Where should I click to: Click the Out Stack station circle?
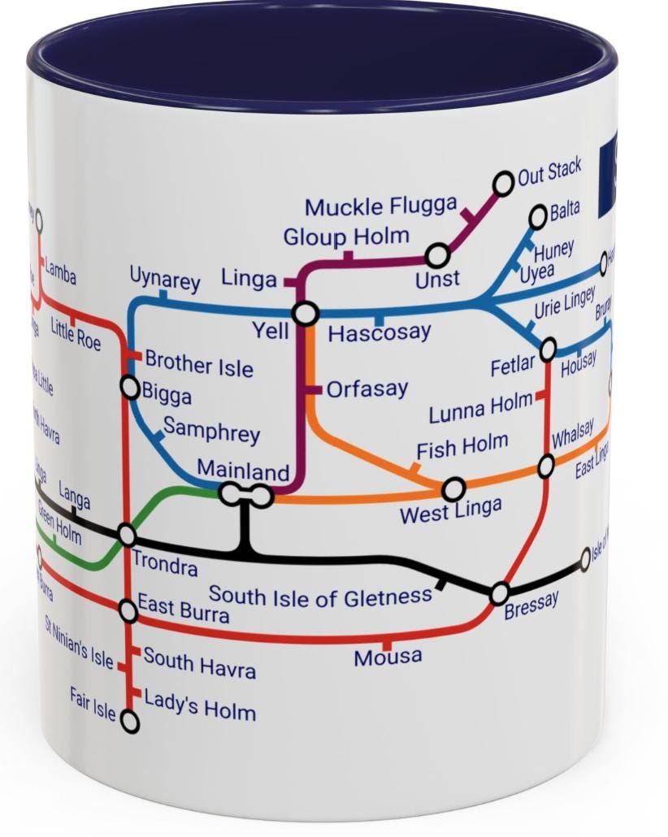coord(504,184)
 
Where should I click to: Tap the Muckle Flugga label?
coord(380,206)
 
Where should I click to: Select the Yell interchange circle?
coord(306,314)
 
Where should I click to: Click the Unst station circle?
coord(437,256)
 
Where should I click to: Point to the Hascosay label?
coord(380,333)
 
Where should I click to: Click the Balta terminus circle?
coord(538,217)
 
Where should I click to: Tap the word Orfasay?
coord(367,389)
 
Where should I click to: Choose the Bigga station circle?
coord(130,388)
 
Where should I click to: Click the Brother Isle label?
coord(199,365)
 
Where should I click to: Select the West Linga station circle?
coord(453,489)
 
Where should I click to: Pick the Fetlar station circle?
coord(549,349)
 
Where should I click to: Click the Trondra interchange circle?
coord(127,535)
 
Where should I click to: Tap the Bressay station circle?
coord(499,594)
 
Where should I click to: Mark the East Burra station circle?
coord(128,610)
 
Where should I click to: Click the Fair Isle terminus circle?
coord(129,721)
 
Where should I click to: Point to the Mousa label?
coord(388,657)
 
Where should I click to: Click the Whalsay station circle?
coord(546,466)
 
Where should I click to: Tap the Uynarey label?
coord(165,280)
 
